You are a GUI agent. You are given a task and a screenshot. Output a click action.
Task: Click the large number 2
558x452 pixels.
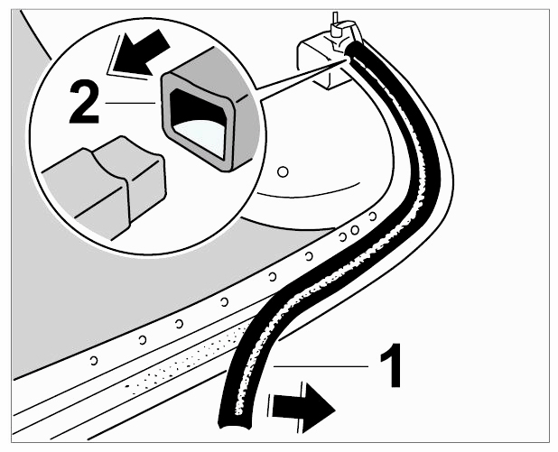[84, 102]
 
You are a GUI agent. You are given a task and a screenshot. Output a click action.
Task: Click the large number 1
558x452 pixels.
[391, 365]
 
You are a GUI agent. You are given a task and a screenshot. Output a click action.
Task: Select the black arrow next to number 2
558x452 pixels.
[140, 52]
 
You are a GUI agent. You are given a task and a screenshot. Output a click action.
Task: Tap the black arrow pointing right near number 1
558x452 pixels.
[302, 408]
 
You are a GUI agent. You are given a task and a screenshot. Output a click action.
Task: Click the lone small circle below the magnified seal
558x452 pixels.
[283, 172]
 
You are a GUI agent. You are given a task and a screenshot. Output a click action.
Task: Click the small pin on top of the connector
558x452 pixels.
[334, 23]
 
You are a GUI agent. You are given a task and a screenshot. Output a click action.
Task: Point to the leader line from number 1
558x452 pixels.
[321, 365]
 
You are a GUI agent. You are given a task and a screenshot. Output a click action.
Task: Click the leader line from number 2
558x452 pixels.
[130, 103]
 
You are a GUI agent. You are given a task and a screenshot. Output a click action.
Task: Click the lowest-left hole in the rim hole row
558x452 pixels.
[94, 361]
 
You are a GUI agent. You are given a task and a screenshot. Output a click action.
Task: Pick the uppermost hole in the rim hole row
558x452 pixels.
[373, 217]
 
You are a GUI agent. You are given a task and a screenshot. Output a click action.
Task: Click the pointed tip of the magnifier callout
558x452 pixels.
[345, 60]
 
